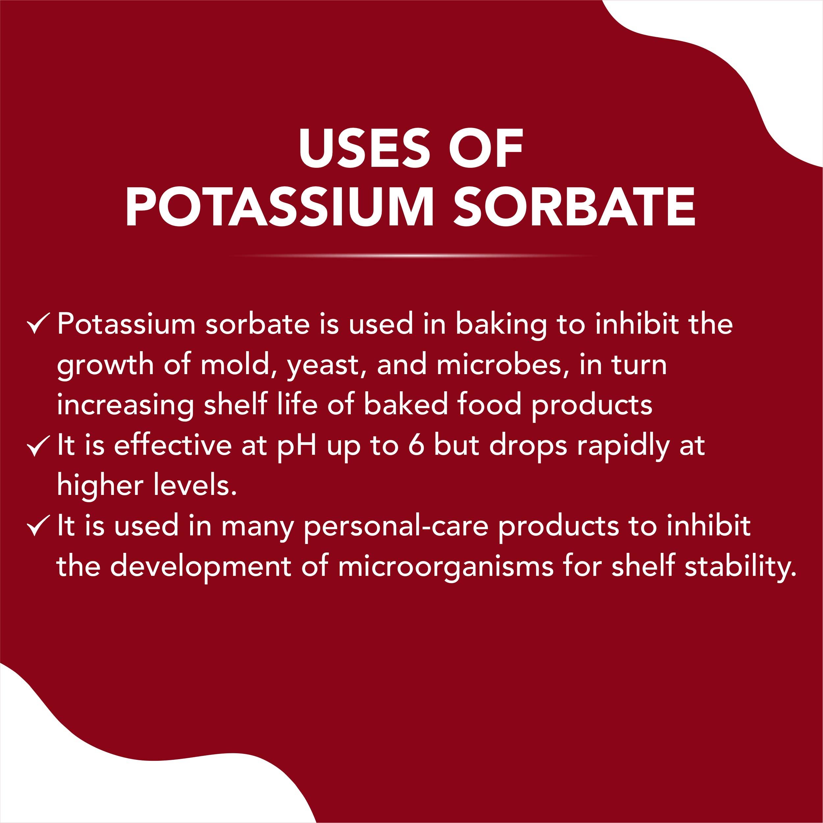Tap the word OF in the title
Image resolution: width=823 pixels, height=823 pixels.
(486, 149)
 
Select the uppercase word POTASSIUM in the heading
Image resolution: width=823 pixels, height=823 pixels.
(279, 207)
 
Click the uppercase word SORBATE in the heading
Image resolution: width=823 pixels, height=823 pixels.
(574, 207)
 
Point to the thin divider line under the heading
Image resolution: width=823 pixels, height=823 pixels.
(411, 256)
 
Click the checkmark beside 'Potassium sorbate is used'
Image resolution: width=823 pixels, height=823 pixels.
(39, 324)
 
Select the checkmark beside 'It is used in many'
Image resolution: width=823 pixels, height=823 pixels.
(39, 527)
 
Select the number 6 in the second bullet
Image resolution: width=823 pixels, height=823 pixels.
(417, 446)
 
